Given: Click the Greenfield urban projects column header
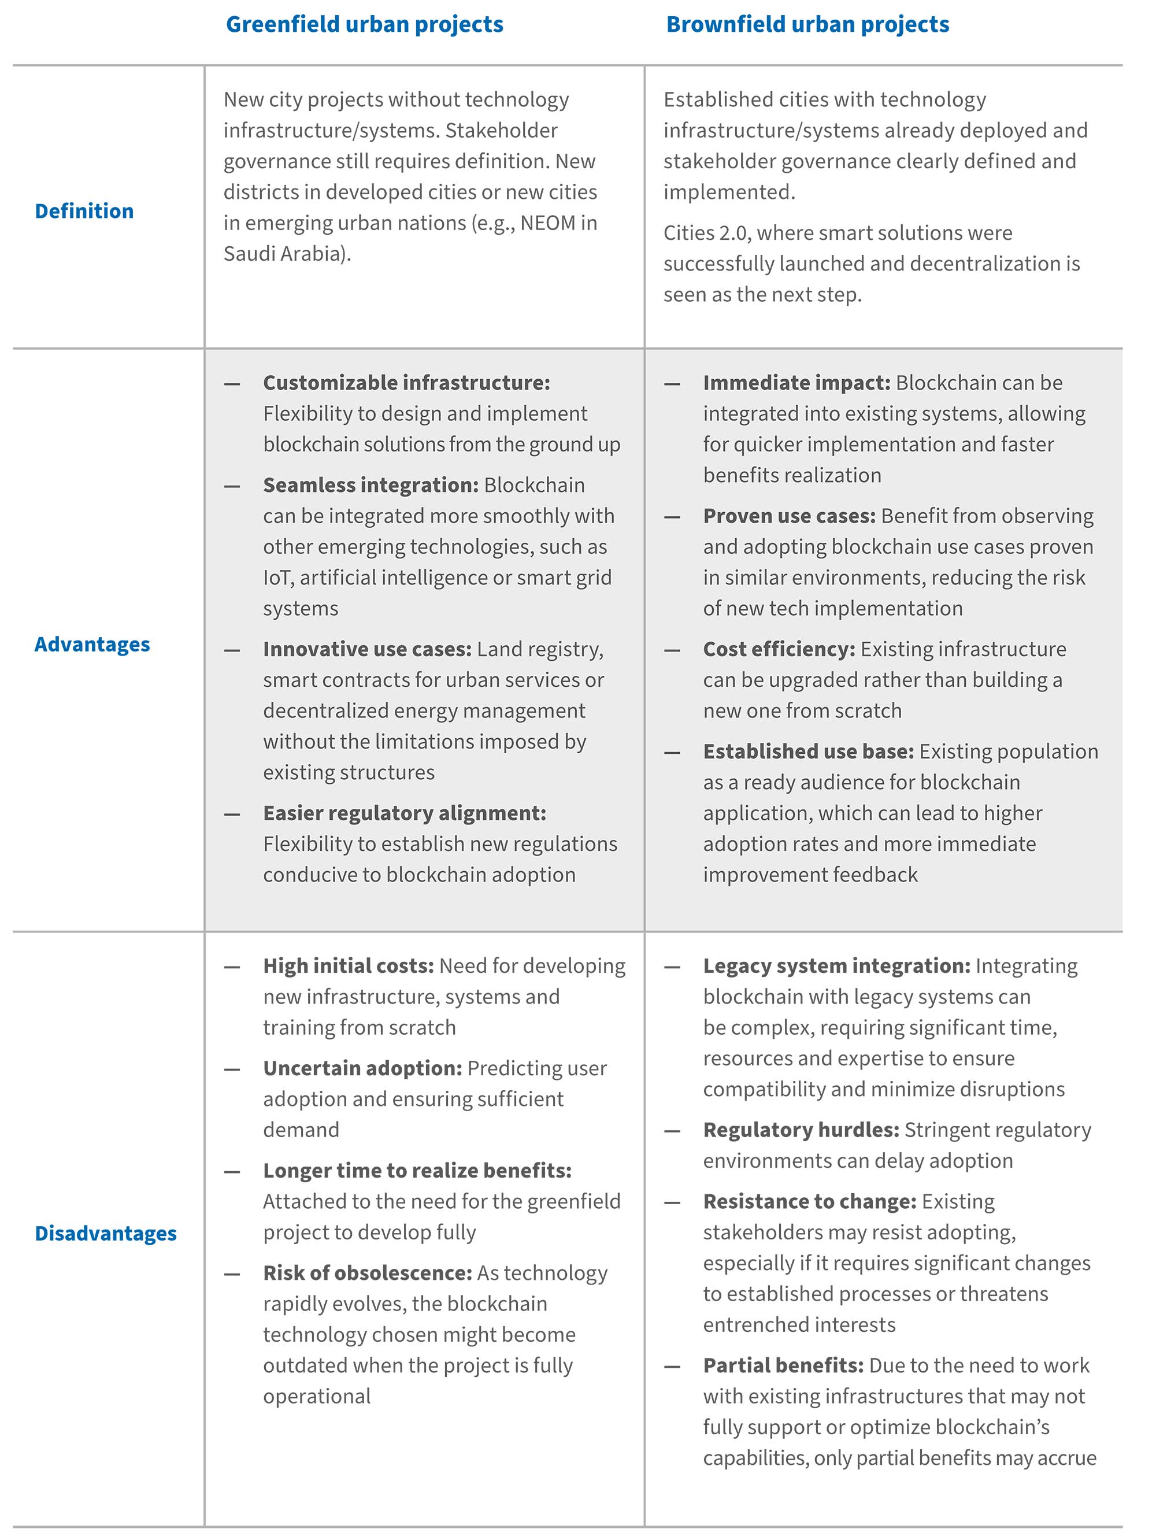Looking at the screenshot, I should (x=364, y=24).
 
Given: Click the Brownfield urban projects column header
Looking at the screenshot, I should (x=807, y=24).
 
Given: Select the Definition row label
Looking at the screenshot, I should (x=84, y=211).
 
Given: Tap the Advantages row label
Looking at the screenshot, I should (x=92, y=644).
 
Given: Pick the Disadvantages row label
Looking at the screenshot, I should (x=106, y=1233).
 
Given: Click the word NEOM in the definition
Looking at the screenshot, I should (x=549, y=223).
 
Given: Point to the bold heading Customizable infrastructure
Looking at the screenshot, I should (x=406, y=382).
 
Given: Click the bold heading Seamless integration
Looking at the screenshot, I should (x=370, y=484).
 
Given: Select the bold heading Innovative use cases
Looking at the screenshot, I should (x=367, y=649).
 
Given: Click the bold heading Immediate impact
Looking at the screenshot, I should (x=796, y=382).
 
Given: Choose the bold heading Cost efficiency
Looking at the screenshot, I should (x=779, y=649).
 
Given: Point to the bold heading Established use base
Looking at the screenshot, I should (x=808, y=751).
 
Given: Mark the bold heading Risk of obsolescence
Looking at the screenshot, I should (x=367, y=1273).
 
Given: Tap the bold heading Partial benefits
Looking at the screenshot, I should (x=783, y=1365).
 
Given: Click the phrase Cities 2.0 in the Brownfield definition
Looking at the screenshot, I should (x=706, y=232).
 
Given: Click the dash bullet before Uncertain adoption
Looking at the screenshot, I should (x=232, y=1069).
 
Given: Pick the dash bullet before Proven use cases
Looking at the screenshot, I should (x=672, y=517).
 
